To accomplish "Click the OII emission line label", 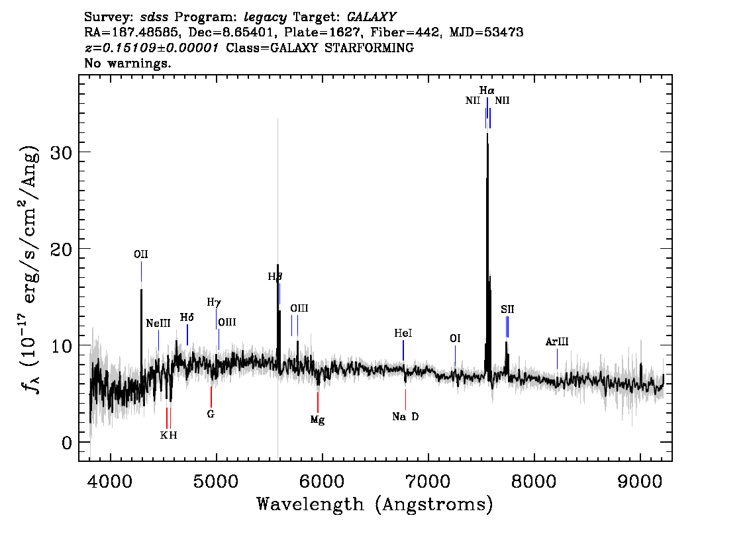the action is click(141, 254).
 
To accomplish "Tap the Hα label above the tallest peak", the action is click(487, 90).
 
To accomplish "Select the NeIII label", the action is click(158, 324).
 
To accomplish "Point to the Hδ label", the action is click(187, 317).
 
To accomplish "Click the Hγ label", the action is click(214, 302).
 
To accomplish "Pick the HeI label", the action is click(403, 333).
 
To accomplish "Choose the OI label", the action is click(455, 338).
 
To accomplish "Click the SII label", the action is click(507, 309).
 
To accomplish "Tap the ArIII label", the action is click(557, 341).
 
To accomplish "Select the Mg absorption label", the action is click(317, 420).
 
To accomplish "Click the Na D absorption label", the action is click(405, 417).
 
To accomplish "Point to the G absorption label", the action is click(211, 414).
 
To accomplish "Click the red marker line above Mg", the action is click(317, 402).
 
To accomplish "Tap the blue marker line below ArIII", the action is click(557, 359).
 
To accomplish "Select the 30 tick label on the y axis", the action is click(62, 152).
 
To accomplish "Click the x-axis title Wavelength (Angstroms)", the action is click(375, 504).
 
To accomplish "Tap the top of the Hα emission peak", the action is click(487, 134).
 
